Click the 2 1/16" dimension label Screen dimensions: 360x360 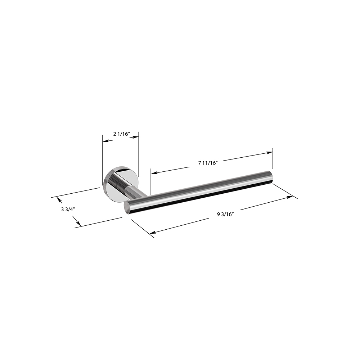click(122, 134)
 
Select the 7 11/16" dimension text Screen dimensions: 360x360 click(208, 163)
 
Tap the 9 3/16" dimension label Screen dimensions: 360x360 click(225, 215)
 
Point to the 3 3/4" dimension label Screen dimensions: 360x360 click(68, 209)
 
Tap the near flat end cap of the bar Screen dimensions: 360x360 click(126, 207)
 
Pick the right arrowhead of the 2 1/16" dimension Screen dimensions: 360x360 click(136, 137)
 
